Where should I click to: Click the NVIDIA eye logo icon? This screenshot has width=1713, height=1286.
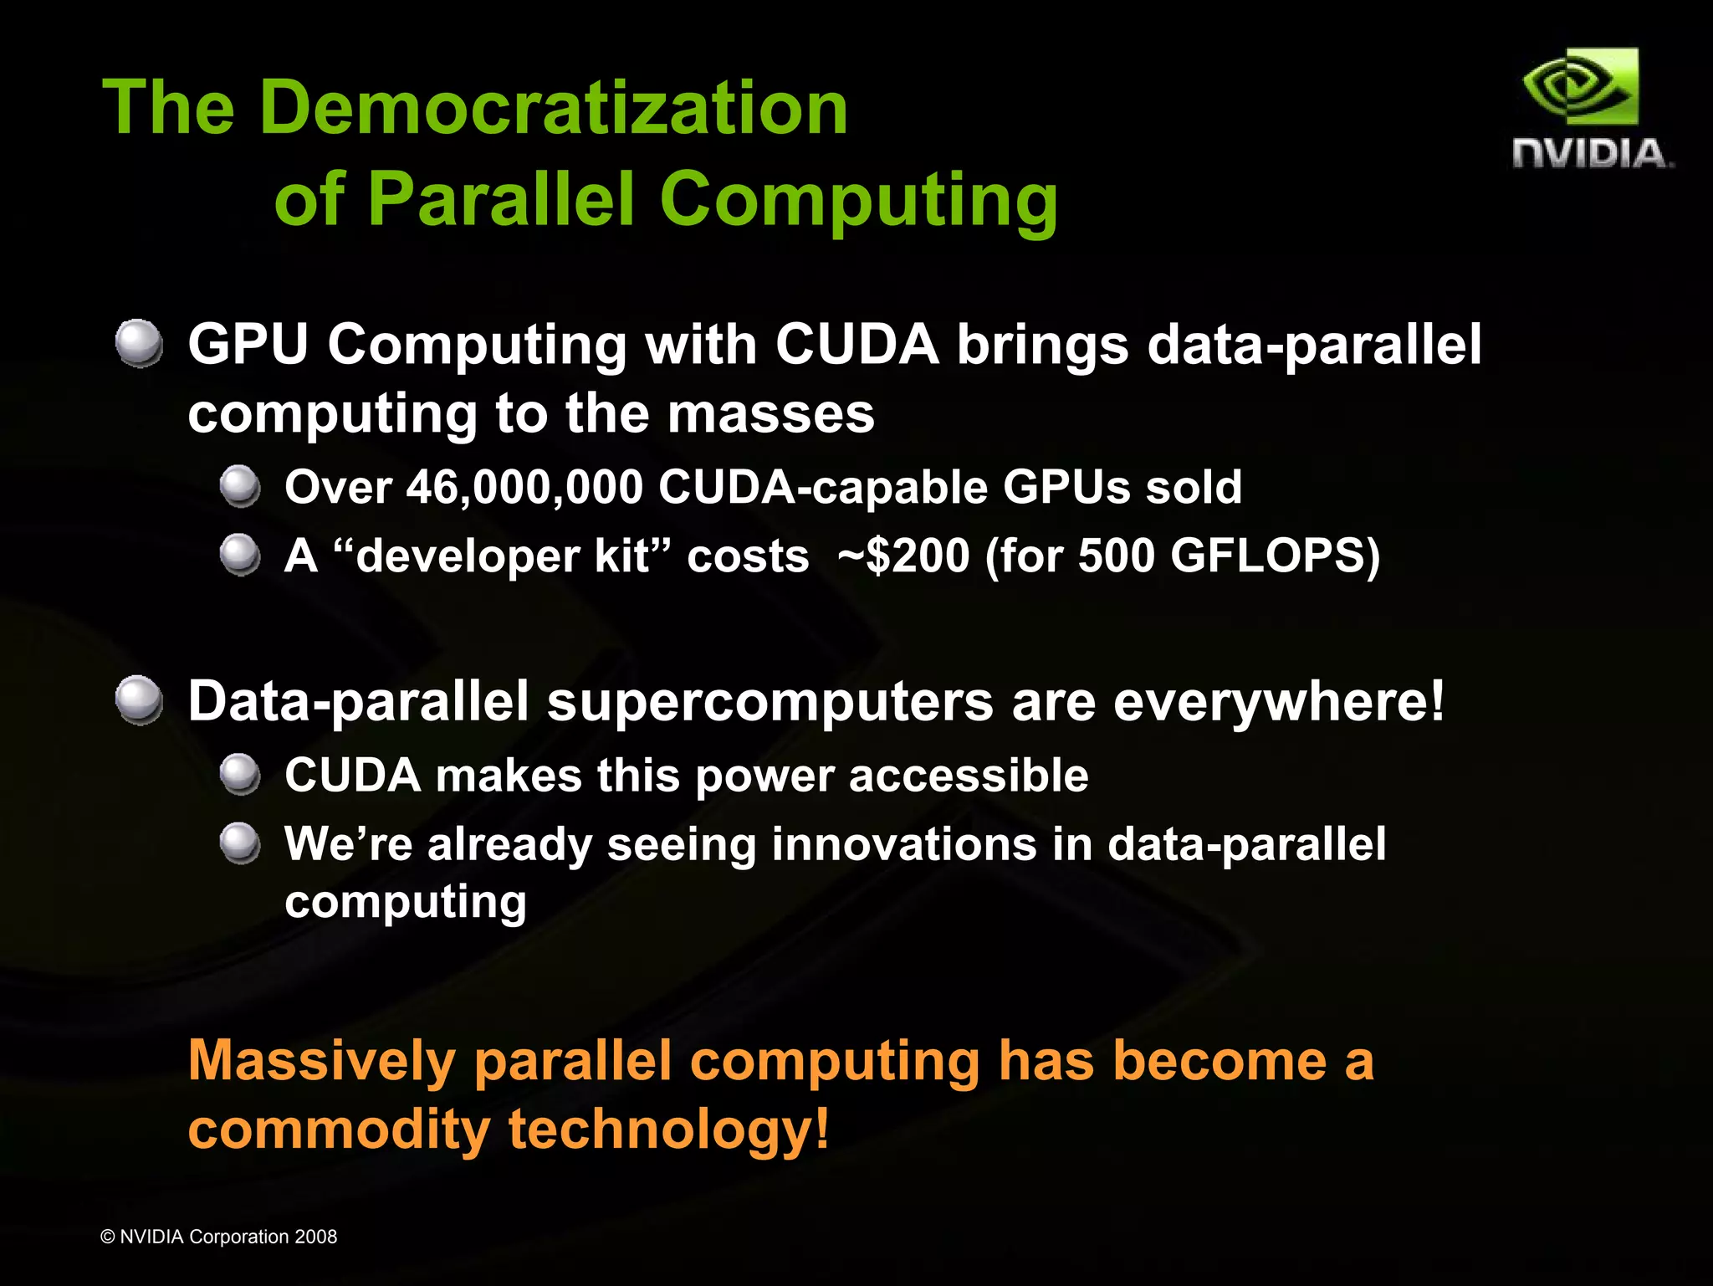click(x=1580, y=87)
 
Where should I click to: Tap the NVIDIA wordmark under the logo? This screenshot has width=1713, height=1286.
click(x=1592, y=154)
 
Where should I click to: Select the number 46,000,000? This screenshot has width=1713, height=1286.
click(x=524, y=487)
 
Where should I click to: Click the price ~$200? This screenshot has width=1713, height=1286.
click(x=903, y=556)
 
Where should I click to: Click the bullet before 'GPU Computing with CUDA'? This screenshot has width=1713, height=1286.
click(x=139, y=343)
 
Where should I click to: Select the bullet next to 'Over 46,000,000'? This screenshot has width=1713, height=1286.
click(x=240, y=486)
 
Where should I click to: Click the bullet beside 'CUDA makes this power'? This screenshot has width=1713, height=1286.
click(x=240, y=774)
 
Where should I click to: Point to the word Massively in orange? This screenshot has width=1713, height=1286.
click(x=322, y=1061)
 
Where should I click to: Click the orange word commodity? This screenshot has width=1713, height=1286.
click(x=339, y=1130)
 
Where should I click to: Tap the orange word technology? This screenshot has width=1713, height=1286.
click(x=669, y=1130)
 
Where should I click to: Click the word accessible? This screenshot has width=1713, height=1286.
click(x=969, y=775)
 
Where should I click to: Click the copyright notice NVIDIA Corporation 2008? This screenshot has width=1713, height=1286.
click(x=219, y=1237)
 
